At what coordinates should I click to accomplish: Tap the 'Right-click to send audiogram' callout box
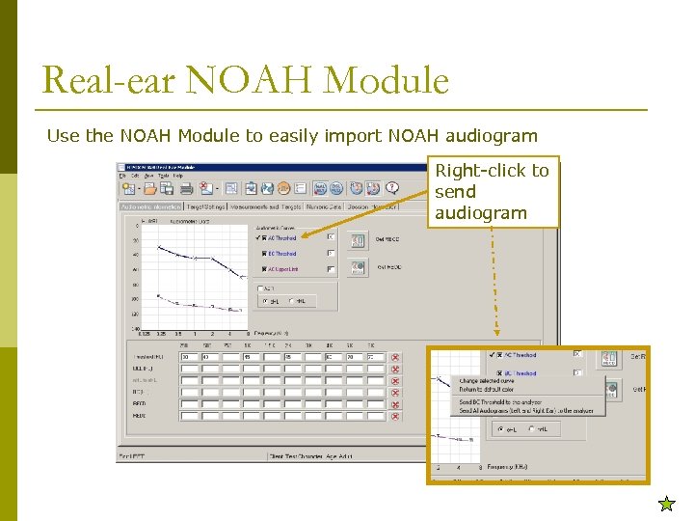493,191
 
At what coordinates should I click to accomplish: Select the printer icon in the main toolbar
187,188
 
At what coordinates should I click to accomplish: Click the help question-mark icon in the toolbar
391,188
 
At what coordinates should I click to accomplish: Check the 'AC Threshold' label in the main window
280,237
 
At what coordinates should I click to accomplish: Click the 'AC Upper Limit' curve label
282,269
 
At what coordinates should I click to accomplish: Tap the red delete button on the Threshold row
395,357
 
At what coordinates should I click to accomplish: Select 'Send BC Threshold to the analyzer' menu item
500,402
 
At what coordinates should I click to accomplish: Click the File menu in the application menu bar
122,176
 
